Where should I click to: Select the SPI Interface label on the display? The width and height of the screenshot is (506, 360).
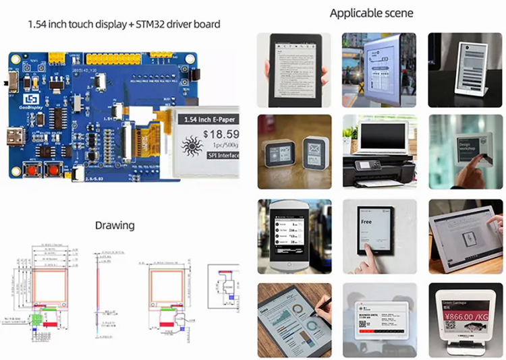click(220, 155)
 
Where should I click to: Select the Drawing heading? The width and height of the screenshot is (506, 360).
click(114, 224)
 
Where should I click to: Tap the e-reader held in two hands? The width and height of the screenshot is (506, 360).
click(293, 69)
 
